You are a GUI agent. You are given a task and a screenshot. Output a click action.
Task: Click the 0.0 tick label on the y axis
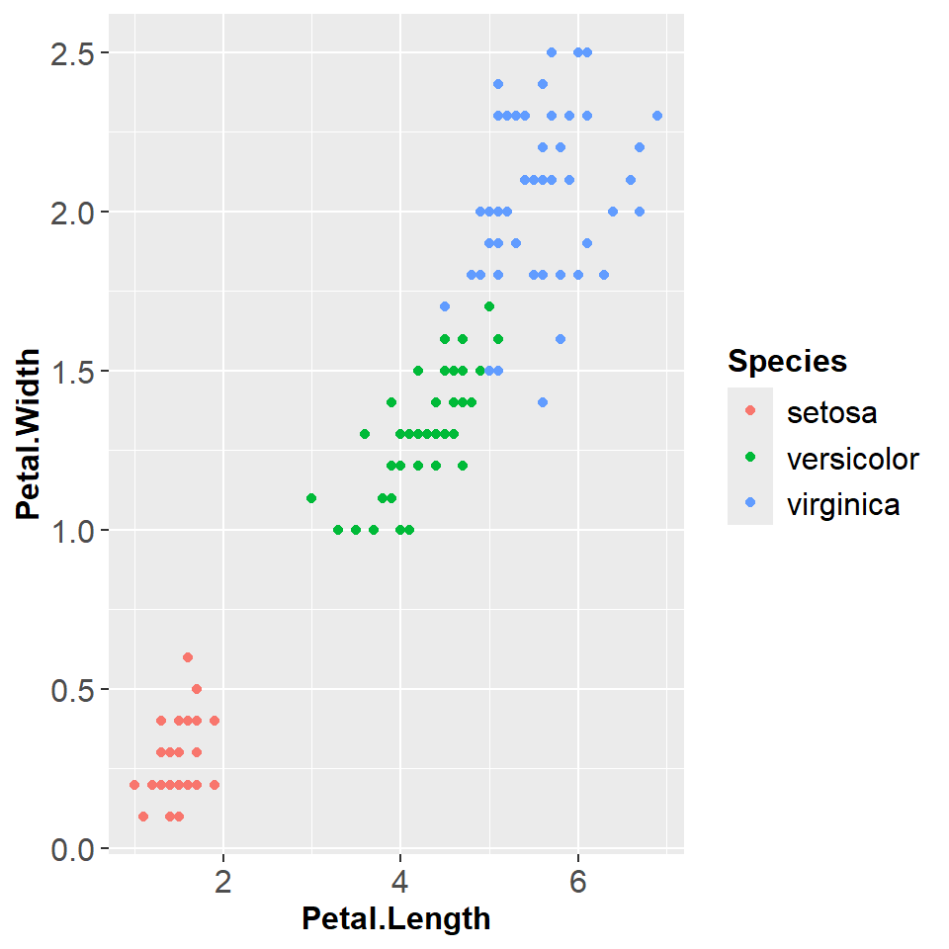point(71,849)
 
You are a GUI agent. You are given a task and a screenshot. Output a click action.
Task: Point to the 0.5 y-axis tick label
point(71,690)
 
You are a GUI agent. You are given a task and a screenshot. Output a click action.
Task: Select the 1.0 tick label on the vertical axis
point(71,531)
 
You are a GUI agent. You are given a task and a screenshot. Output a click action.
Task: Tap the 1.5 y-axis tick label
point(71,372)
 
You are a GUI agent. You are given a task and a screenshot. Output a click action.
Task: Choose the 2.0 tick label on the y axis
point(71,212)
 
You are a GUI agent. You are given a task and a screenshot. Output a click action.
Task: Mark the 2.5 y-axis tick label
point(71,52)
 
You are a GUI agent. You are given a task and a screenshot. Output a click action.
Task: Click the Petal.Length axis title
point(395,919)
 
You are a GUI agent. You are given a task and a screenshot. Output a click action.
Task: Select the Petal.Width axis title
point(28,433)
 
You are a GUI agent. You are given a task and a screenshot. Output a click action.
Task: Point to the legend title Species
point(787,362)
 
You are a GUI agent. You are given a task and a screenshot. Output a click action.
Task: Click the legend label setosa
point(831,412)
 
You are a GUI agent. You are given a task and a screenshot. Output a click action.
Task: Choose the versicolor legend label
point(853,459)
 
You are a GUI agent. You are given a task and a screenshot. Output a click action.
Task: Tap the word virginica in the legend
point(843,505)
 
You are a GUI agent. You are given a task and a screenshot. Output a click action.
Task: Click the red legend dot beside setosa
point(749,410)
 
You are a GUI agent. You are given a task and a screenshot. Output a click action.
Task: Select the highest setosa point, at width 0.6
point(188,657)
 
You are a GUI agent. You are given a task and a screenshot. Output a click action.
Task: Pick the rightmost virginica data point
point(657,116)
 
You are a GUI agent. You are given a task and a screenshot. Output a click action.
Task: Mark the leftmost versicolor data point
point(311,498)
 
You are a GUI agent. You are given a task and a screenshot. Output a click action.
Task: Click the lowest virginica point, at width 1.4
point(542,402)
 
